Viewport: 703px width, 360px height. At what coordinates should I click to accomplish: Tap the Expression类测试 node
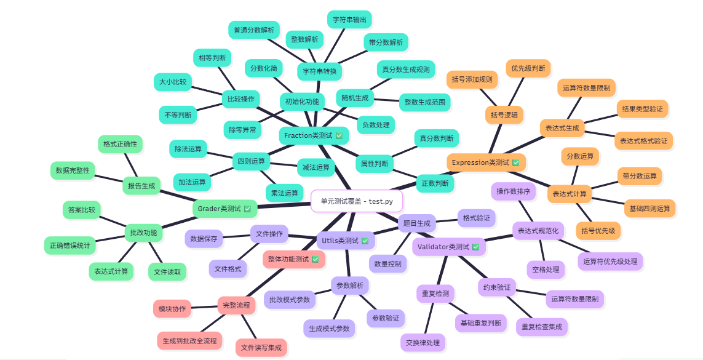[485, 162]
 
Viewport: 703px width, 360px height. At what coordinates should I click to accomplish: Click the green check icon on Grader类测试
[248, 209]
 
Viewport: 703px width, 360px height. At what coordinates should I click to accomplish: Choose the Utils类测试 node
[344, 241]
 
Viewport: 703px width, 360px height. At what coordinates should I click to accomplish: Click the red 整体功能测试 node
[294, 259]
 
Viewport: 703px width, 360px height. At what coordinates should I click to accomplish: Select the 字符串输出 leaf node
[349, 20]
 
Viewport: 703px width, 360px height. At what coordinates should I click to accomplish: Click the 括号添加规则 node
[472, 79]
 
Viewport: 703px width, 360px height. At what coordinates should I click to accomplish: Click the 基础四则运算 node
[649, 208]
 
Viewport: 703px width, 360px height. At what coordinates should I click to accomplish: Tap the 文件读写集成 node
[261, 347]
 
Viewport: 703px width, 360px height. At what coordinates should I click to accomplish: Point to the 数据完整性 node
[73, 170]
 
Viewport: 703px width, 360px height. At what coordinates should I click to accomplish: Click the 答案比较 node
[82, 210]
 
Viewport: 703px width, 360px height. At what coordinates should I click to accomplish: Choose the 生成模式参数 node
[329, 329]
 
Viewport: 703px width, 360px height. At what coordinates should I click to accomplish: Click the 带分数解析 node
[386, 42]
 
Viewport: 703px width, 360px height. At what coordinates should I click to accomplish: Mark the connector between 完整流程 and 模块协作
[205, 306]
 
